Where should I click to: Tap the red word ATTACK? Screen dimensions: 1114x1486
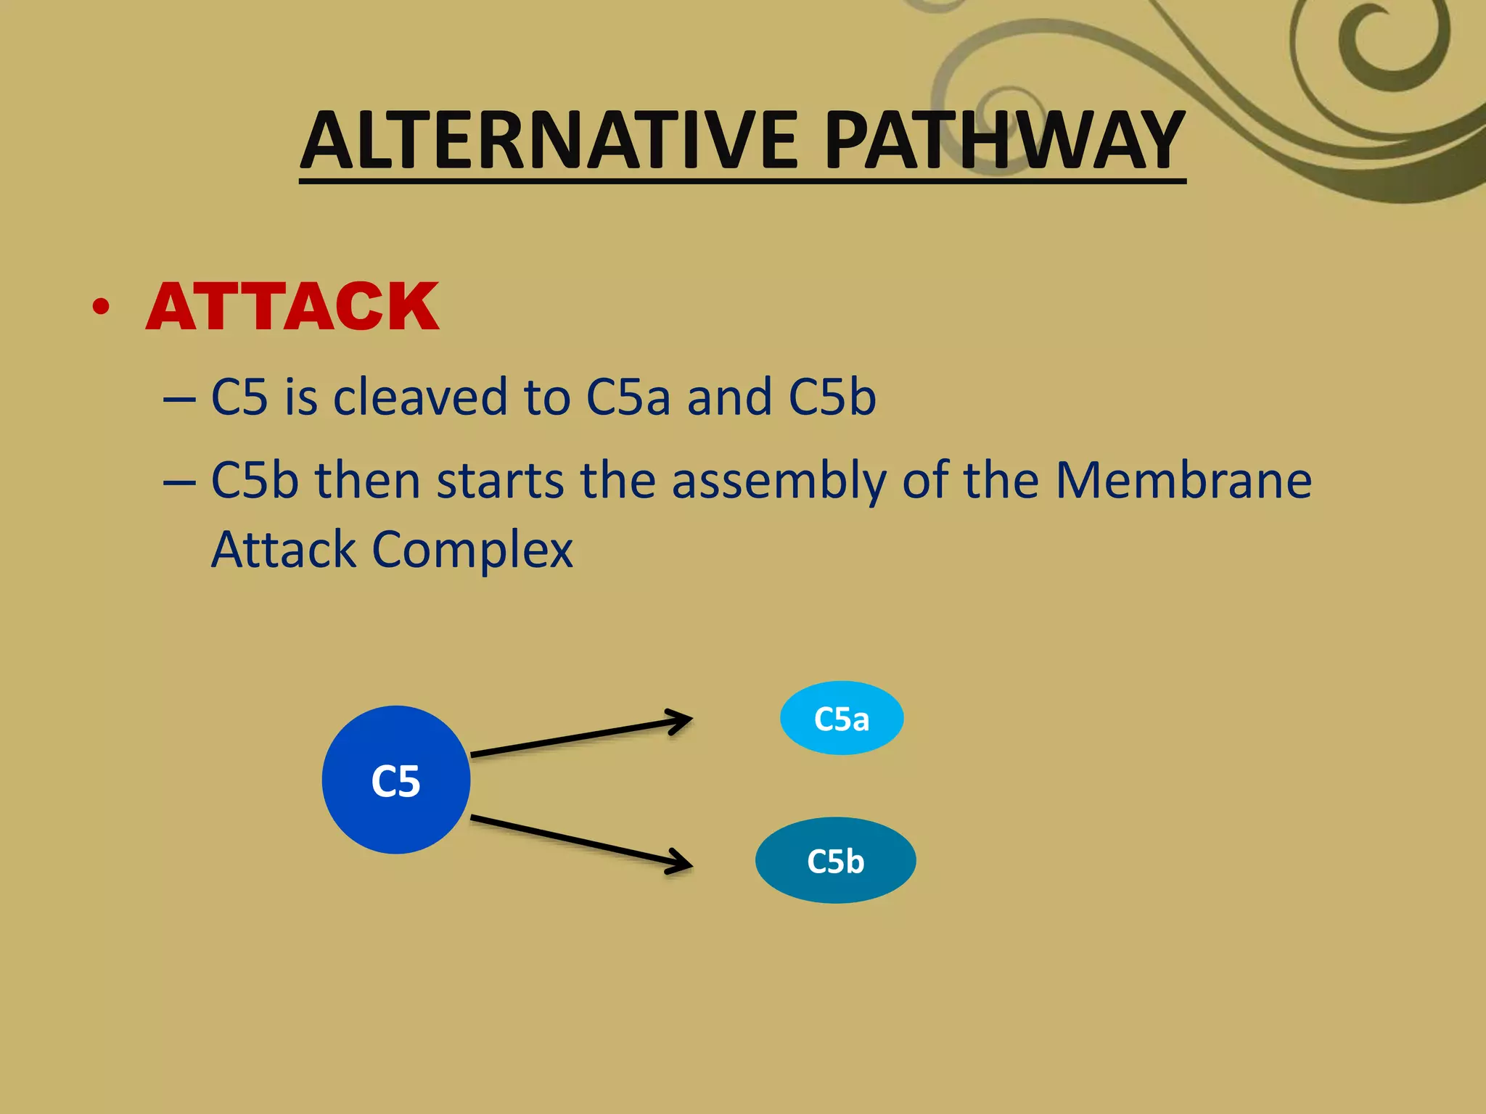point(292,308)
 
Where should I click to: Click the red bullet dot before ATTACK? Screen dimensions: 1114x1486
point(102,308)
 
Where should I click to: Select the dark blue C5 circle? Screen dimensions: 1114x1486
point(396,780)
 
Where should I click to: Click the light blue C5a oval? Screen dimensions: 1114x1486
point(842,718)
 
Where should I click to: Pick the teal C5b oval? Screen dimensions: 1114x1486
point(835,861)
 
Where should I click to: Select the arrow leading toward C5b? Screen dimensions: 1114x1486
point(580,842)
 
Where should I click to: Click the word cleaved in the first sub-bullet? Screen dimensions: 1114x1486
point(420,397)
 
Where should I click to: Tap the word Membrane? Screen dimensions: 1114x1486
point(1183,481)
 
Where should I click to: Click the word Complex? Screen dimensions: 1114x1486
point(472,550)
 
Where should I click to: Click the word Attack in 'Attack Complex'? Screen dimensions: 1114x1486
point(284,550)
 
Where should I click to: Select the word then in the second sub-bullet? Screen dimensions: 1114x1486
point(367,481)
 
